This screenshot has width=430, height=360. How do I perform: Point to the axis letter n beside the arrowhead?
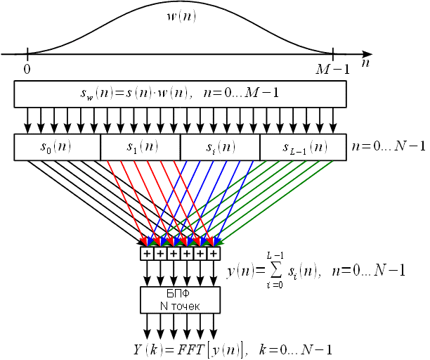pyautogui.click(x=366, y=63)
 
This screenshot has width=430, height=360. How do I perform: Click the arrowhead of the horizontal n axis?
pyautogui.click(x=367, y=53)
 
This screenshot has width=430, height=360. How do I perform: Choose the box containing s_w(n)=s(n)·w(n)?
pyautogui.click(x=180, y=94)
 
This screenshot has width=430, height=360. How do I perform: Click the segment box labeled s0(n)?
pyautogui.click(x=57, y=147)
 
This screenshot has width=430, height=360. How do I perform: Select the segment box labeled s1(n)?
pyautogui.click(x=141, y=147)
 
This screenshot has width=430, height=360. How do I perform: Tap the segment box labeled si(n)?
pyautogui.click(x=220, y=147)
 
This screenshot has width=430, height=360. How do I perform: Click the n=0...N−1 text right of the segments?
pyautogui.click(x=389, y=147)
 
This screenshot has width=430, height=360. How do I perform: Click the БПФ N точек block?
pyautogui.click(x=181, y=299)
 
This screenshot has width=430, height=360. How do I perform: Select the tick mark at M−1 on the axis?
pyautogui.click(x=333, y=53)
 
